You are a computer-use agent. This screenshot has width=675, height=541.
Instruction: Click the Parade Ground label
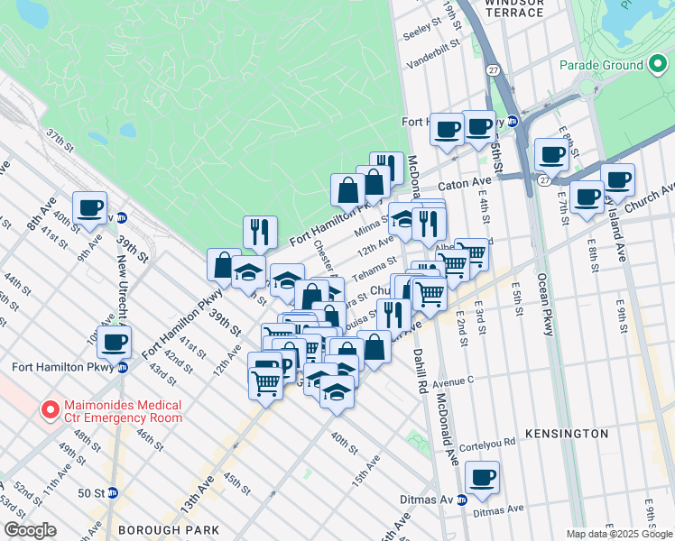[600, 65]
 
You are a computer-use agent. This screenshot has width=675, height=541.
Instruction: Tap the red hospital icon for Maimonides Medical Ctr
[51, 410]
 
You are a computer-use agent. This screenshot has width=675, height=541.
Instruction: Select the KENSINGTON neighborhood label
[578, 434]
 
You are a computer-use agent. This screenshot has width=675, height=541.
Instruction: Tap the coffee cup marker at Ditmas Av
[482, 478]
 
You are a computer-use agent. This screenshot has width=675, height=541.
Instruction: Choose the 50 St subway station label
[92, 493]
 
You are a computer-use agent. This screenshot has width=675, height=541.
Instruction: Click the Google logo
[30, 530]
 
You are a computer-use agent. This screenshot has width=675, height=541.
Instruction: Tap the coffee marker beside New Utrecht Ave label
[115, 343]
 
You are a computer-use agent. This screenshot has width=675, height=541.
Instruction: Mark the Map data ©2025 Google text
[619, 534]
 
